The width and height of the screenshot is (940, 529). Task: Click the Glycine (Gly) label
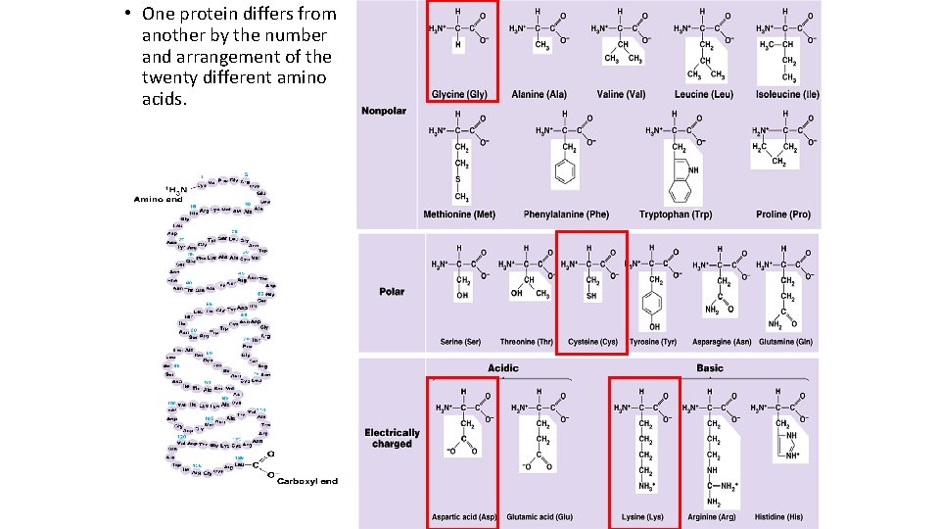tap(459, 94)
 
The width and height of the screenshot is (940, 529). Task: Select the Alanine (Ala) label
tap(539, 94)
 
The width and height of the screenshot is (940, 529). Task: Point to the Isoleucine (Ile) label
tap(787, 94)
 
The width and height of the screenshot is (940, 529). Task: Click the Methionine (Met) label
tap(459, 215)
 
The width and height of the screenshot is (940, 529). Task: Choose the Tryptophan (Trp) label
tap(676, 215)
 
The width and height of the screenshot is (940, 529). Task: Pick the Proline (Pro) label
tap(783, 215)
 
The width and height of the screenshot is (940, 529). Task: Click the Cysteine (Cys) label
tap(592, 342)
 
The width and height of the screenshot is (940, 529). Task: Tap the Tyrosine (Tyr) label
tap(653, 342)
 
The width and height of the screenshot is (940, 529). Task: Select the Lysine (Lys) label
tap(642, 516)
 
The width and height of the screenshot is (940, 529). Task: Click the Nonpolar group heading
tap(383, 111)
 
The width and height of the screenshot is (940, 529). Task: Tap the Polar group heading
tap(392, 291)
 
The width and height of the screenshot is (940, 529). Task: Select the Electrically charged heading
tap(392, 438)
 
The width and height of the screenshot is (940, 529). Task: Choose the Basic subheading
tap(710, 368)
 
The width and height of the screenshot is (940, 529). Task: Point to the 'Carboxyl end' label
tap(307, 481)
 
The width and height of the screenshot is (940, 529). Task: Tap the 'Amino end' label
tap(159, 199)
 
